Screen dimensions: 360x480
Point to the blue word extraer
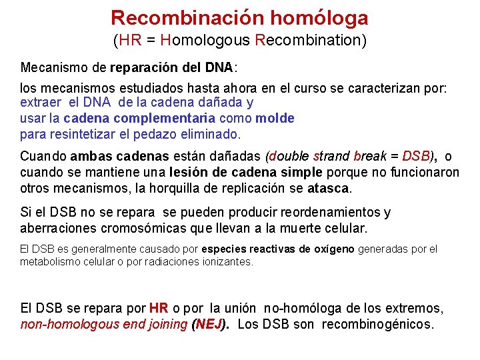coord(41,103)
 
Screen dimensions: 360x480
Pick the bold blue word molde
coord(275,118)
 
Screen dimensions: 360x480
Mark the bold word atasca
coord(328,188)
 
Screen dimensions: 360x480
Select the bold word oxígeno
coord(333,249)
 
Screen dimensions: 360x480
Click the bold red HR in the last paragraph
coord(159,309)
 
